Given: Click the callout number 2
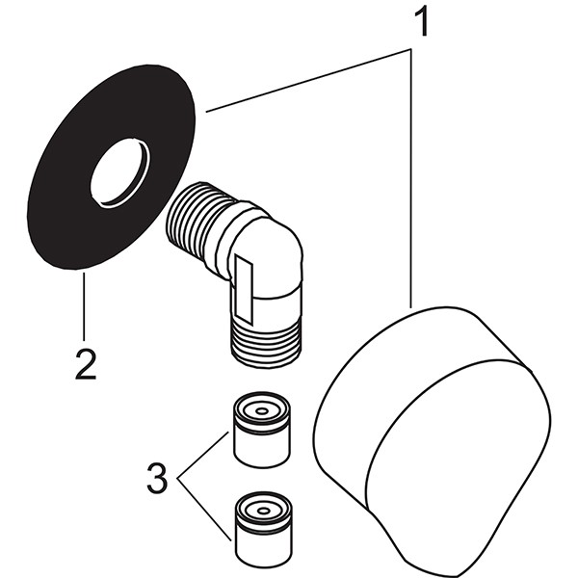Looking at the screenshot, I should click(85, 364).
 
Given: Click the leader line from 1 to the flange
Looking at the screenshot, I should click(308, 82).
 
